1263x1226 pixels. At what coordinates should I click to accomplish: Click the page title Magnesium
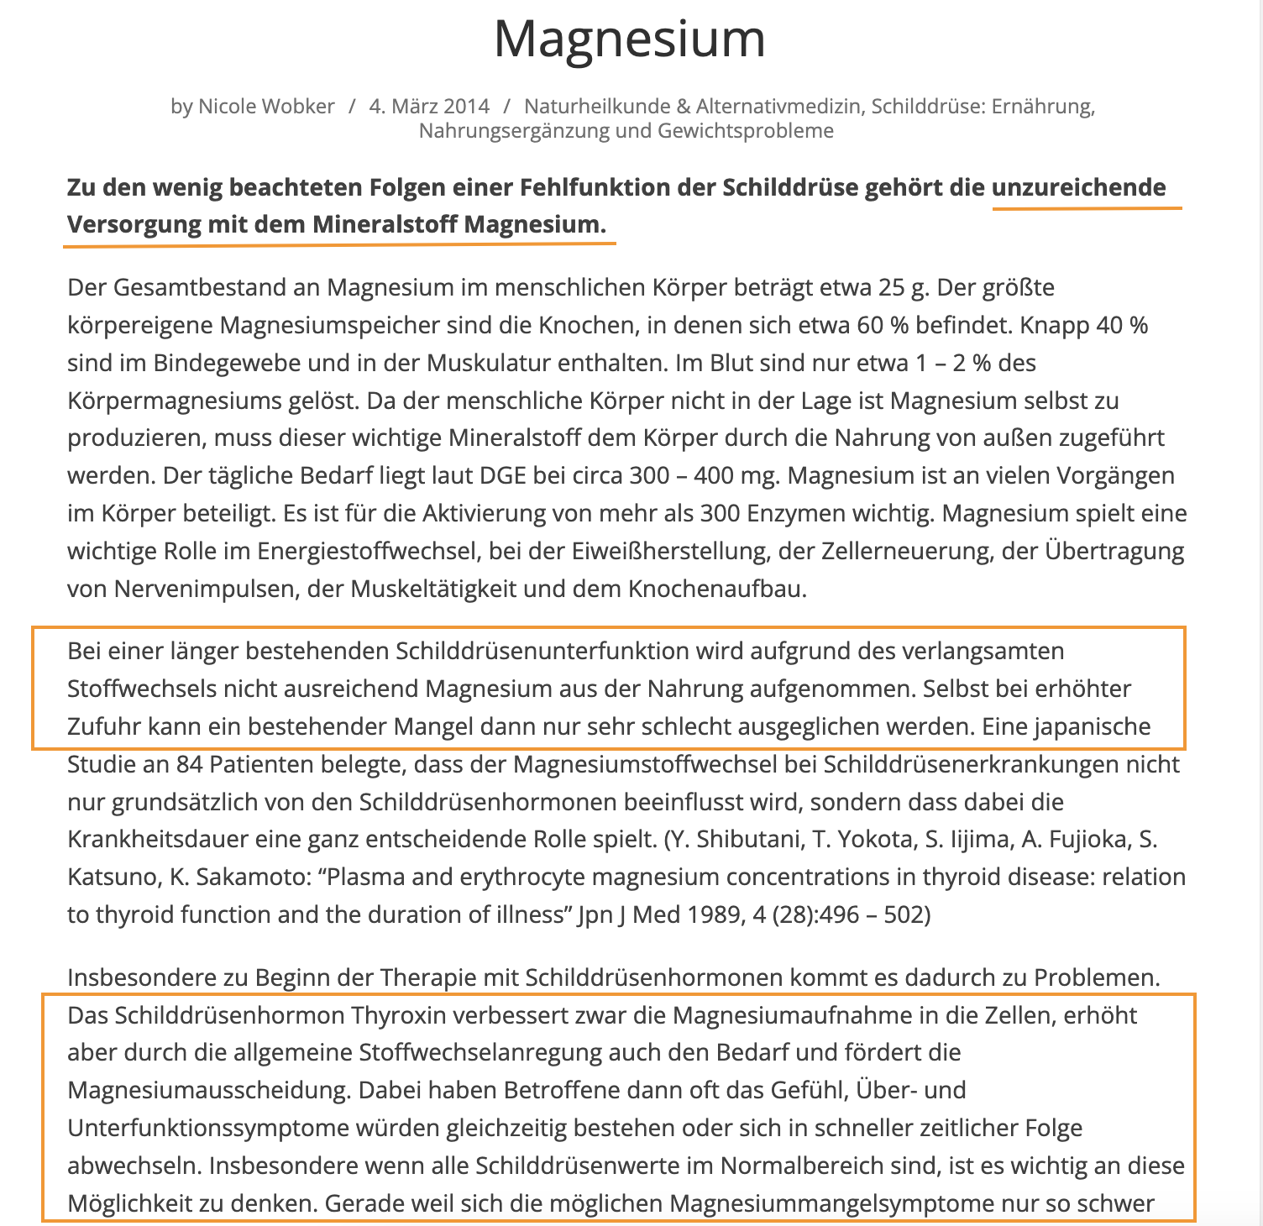tap(630, 39)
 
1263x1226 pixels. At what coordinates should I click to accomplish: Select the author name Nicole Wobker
tap(266, 107)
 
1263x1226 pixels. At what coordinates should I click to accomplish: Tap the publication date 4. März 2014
tap(429, 107)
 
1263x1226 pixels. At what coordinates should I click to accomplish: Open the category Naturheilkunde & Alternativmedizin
tap(692, 107)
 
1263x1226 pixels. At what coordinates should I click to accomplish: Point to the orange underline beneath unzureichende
tap(1087, 207)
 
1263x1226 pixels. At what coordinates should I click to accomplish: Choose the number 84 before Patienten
tap(188, 765)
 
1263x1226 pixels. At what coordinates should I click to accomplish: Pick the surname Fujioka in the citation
tap(1058, 840)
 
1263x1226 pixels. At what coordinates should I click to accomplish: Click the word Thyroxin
tap(399, 1016)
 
